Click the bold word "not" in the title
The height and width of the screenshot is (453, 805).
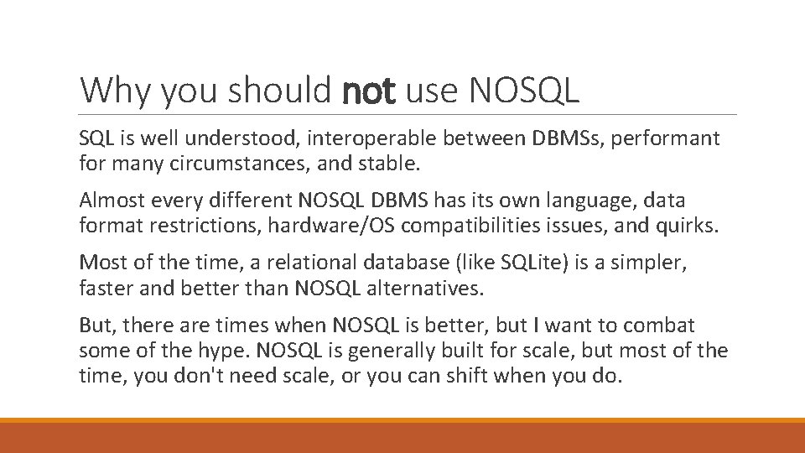[369, 91]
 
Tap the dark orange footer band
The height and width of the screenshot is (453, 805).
[402, 438]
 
